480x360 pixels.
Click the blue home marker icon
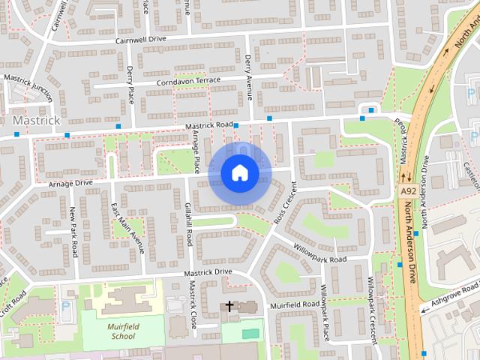[x=239, y=173]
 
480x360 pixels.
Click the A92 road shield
[x=407, y=192]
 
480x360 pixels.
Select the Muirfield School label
[x=121, y=331]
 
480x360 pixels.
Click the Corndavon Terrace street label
[x=188, y=81]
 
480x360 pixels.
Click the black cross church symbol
[x=229, y=306]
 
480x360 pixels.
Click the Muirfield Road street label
[x=295, y=304]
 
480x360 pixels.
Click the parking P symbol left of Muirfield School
[x=65, y=305]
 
